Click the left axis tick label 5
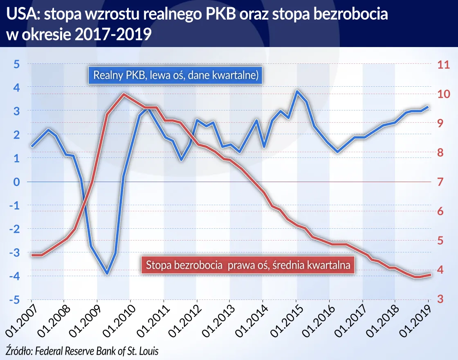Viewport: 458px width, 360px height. click(17, 64)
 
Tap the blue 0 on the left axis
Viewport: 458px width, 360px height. click(17, 182)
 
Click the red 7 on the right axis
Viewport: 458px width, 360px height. click(441, 182)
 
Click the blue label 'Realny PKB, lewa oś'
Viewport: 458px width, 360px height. click(175, 76)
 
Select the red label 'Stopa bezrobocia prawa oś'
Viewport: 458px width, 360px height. click(247, 265)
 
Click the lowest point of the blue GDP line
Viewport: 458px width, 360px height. click(107, 273)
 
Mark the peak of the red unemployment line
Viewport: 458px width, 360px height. click(123, 94)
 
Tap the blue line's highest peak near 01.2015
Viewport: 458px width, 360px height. click(297, 91)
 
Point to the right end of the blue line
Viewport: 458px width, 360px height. click(428, 107)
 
